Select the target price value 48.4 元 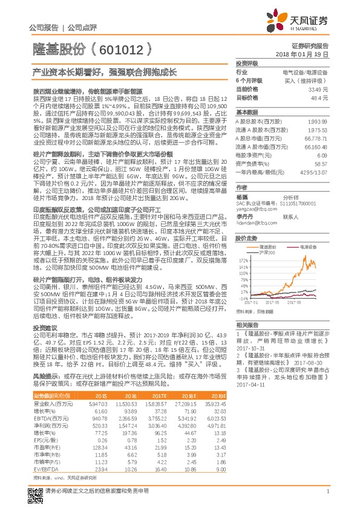[319, 97]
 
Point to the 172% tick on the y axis [243, 258]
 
